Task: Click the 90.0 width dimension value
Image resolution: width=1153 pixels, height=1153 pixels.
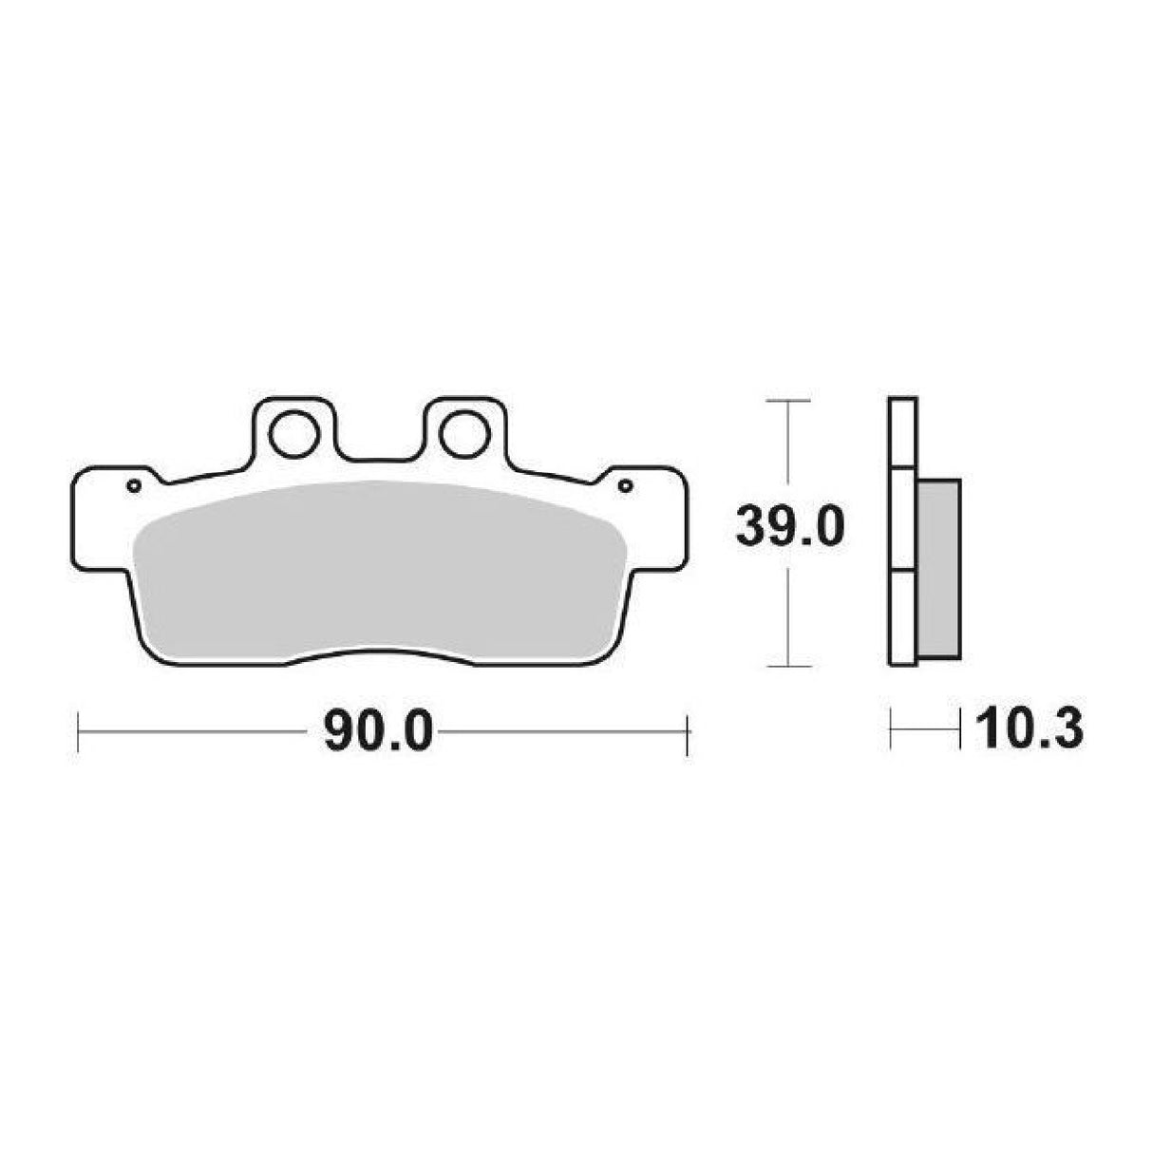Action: [x=378, y=731]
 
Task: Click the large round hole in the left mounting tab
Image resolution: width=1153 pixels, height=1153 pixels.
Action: [x=292, y=433]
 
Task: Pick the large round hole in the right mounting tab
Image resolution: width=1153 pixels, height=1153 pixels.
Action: [x=463, y=433]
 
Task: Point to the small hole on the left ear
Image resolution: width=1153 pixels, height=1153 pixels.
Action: [x=134, y=486]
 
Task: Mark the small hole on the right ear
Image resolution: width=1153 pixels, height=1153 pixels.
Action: [x=624, y=486]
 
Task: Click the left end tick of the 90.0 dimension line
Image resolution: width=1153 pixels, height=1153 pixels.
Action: [x=77, y=731]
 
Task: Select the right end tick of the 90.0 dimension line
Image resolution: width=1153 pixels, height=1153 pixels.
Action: [x=686, y=731]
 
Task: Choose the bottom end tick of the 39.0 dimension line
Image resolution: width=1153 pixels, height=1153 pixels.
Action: [x=787, y=666]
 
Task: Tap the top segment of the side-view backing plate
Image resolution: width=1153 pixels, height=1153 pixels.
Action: [x=902, y=432]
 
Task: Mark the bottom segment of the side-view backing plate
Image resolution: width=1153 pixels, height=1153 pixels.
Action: [x=902, y=617]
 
